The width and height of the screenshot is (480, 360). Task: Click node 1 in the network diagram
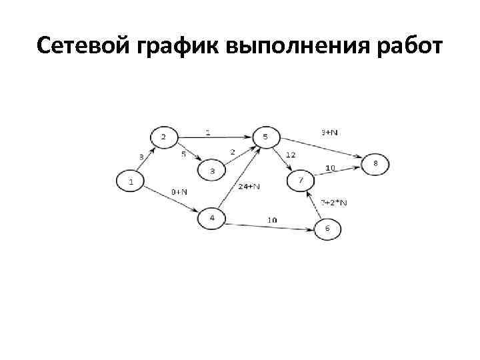pos(131,181)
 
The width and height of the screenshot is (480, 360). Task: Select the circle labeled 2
pos(164,138)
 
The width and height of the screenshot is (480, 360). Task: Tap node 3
pos(213,171)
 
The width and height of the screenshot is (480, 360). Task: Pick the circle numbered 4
pos(212,218)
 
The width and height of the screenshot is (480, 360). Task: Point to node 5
pos(265,137)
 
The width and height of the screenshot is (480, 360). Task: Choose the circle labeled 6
pos(327,229)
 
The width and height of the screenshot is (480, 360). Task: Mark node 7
pos(301,181)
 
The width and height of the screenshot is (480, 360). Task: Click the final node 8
pos(375,163)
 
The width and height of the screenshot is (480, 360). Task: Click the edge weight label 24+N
pos(248,187)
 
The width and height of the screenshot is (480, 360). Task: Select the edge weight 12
pos(291,155)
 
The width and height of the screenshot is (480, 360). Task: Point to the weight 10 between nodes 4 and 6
pos(273,220)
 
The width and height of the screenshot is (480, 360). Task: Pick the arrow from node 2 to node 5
pos(213,138)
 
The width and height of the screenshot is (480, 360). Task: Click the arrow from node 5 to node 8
pos(320,150)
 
